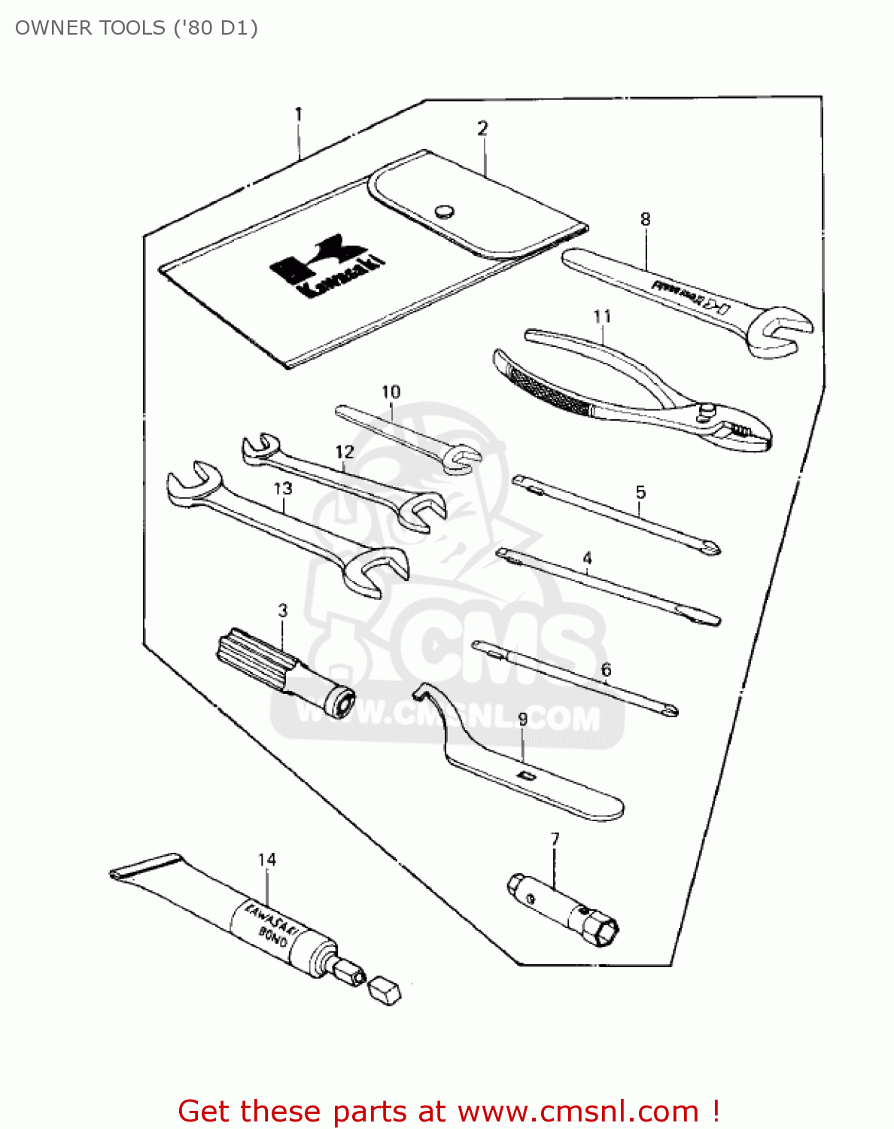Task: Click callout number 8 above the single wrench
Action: pos(645,219)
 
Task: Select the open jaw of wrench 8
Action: pos(783,329)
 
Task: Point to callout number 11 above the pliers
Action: pos(602,316)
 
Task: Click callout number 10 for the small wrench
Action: pos(391,392)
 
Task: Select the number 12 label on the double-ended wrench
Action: pos(345,452)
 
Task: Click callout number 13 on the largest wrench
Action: pos(283,488)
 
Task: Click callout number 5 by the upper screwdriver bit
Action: pos(640,492)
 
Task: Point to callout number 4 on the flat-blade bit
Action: pos(587,558)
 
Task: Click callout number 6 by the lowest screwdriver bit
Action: pos(606,669)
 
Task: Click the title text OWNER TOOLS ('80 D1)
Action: pos(136,28)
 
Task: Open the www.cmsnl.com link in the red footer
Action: pos(579,1111)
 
